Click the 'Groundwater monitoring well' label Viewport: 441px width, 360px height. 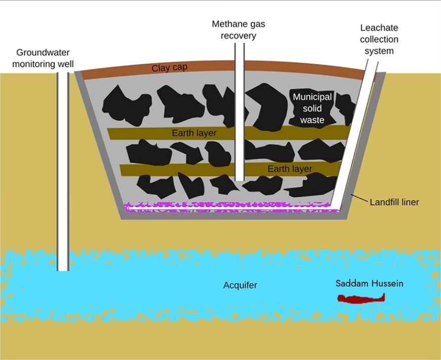[x=43, y=58]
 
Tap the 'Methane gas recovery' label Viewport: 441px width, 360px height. [x=239, y=30]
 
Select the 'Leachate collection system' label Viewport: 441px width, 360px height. [x=379, y=40]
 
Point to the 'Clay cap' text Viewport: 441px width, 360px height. [x=169, y=68]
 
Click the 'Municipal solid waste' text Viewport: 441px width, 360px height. [x=312, y=109]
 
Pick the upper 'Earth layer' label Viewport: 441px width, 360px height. [x=194, y=133]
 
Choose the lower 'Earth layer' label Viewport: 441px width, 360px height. [x=289, y=169]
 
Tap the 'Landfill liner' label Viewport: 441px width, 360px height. [x=394, y=202]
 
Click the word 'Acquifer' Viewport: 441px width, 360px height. [x=240, y=285]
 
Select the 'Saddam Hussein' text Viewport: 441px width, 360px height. [x=370, y=283]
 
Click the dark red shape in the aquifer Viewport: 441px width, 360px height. [x=361, y=299]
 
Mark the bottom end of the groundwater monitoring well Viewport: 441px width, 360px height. [x=63, y=271]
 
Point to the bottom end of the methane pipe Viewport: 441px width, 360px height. [x=239, y=181]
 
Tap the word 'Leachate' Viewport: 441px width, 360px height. [x=379, y=28]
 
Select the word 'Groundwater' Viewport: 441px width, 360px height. [x=43, y=52]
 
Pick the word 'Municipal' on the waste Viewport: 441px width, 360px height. [x=312, y=97]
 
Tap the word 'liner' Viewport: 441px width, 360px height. [x=409, y=202]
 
